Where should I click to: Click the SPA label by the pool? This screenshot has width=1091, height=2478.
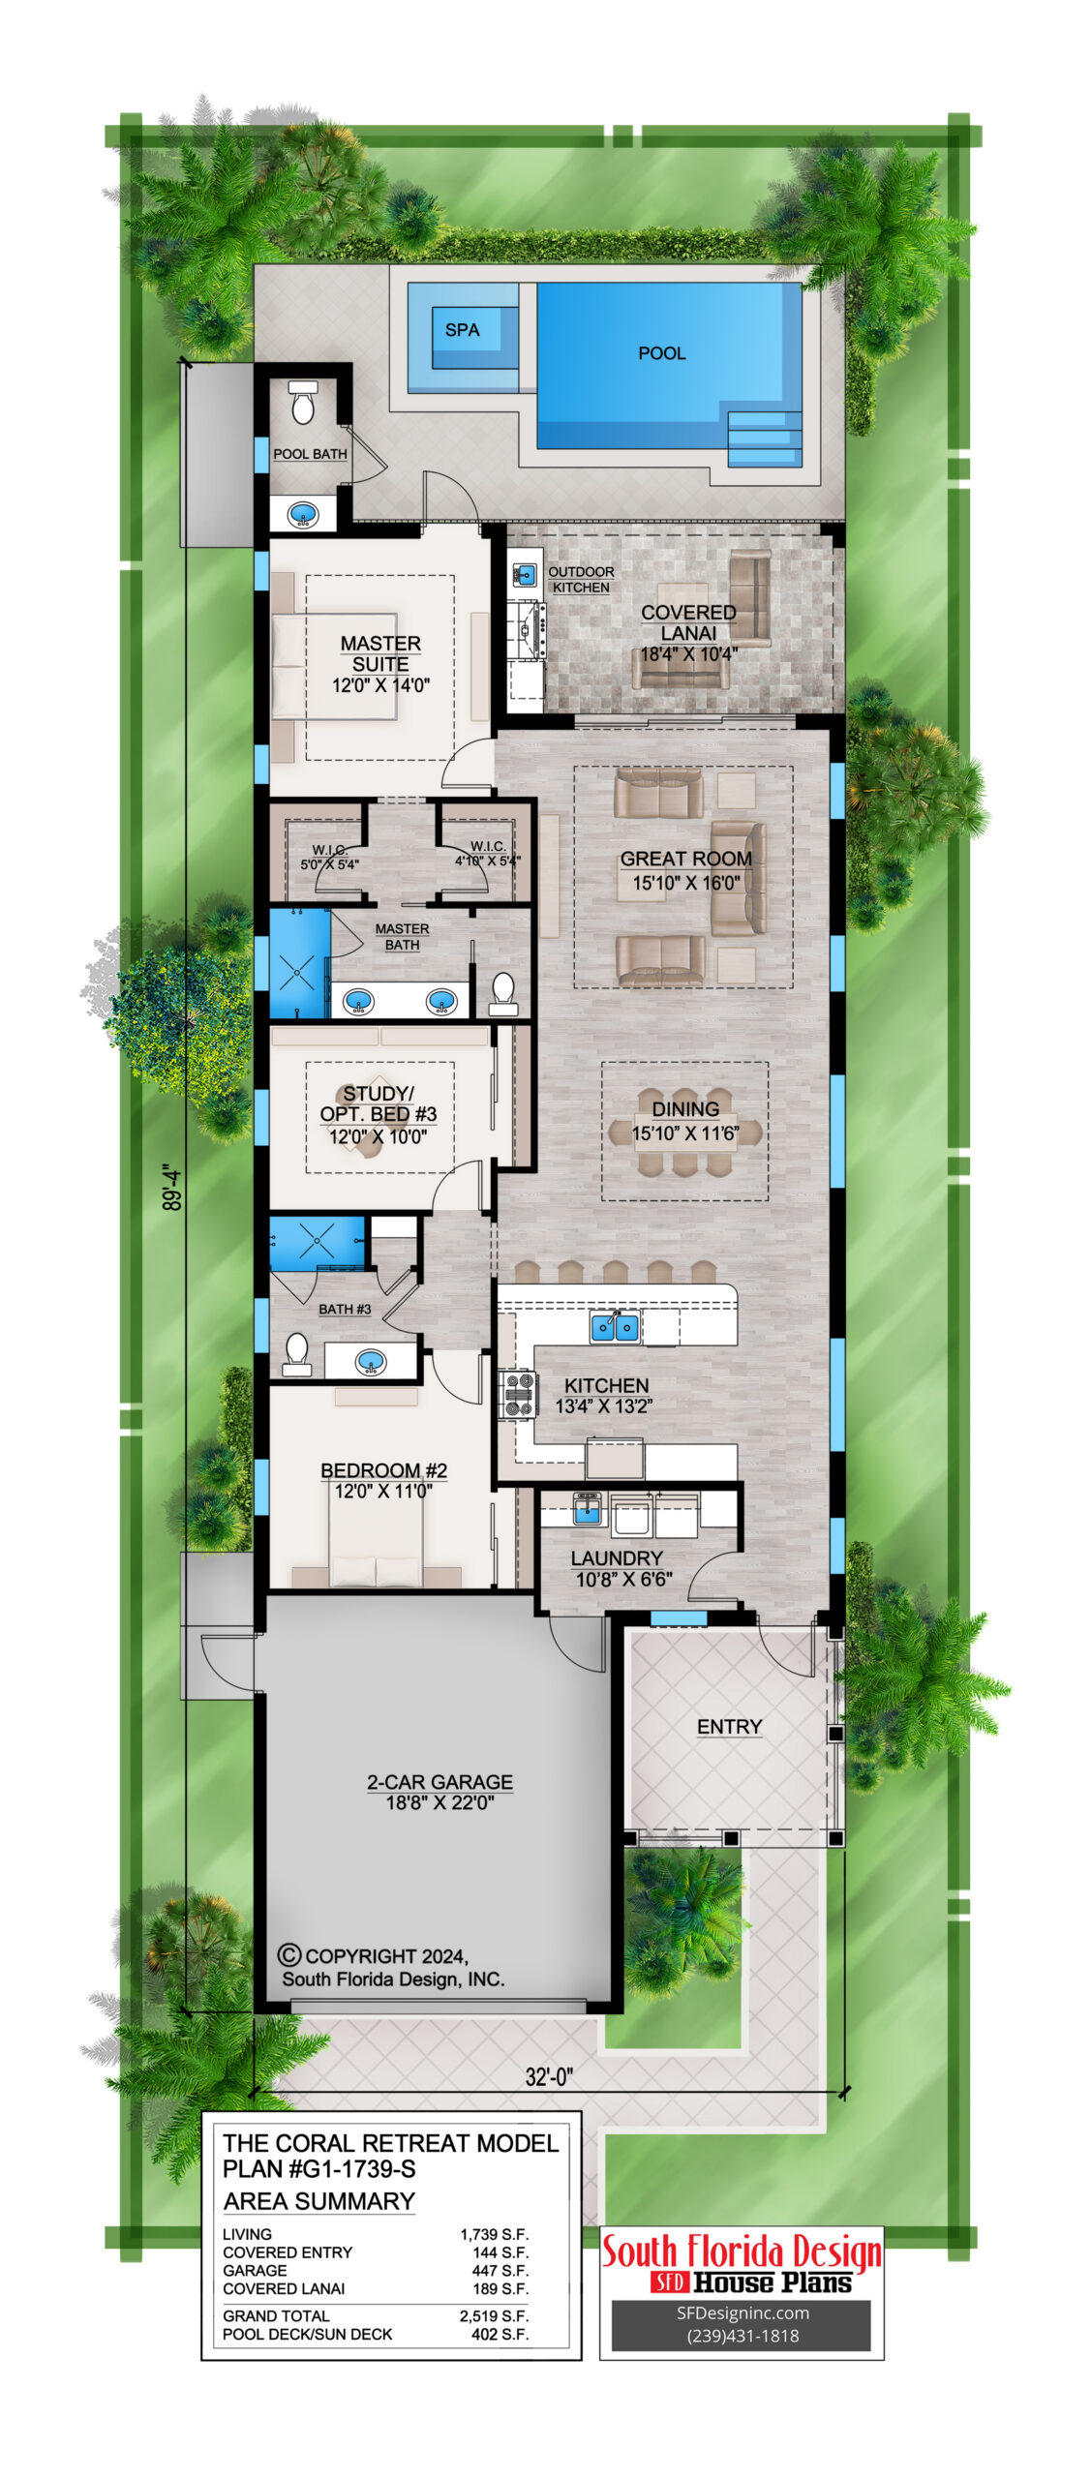pyautogui.click(x=462, y=330)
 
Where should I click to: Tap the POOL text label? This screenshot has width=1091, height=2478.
pyautogui.click(x=661, y=353)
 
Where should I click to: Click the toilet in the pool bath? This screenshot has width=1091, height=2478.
pyautogui.click(x=303, y=402)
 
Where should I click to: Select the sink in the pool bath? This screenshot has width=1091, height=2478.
pyautogui.click(x=303, y=513)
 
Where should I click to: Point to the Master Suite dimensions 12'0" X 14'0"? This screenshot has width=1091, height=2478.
pyautogui.click(x=380, y=685)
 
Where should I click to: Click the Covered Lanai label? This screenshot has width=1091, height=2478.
pyautogui.click(x=688, y=622)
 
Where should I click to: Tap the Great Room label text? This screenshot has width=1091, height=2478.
pyautogui.click(x=685, y=859)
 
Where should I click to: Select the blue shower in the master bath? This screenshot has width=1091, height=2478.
pyautogui.click(x=299, y=962)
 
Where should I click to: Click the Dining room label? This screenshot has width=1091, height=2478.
pyautogui.click(x=685, y=1109)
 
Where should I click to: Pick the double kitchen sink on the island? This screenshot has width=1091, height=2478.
pyautogui.click(x=615, y=1325)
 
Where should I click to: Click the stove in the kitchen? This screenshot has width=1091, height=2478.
pyautogui.click(x=517, y=1395)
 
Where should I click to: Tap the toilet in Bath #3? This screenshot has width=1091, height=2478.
pyautogui.click(x=296, y=1353)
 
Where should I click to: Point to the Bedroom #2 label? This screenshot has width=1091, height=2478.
pyautogui.click(x=383, y=1470)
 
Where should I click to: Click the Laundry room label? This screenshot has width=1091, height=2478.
pyautogui.click(x=617, y=1557)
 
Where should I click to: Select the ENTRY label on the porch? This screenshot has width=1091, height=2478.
pyautogui.click(x=729, y=1726)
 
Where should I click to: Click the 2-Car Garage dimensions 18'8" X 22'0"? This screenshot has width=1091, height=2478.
pyautogui.click(x=439, y=1801)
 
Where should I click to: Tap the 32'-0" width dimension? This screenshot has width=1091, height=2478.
pyautogui.click(x=549, y=2075)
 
